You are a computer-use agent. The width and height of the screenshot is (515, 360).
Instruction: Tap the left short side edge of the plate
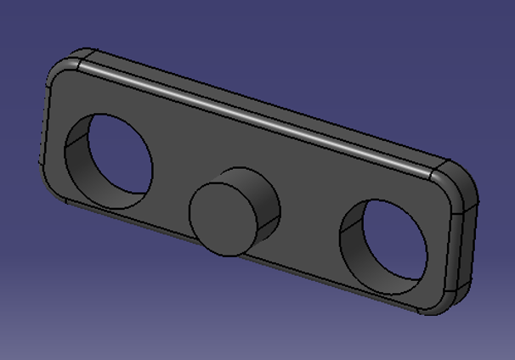click(x=44, y=127)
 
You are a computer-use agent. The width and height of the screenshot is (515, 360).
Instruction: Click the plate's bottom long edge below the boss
click(x=246, y=258)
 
